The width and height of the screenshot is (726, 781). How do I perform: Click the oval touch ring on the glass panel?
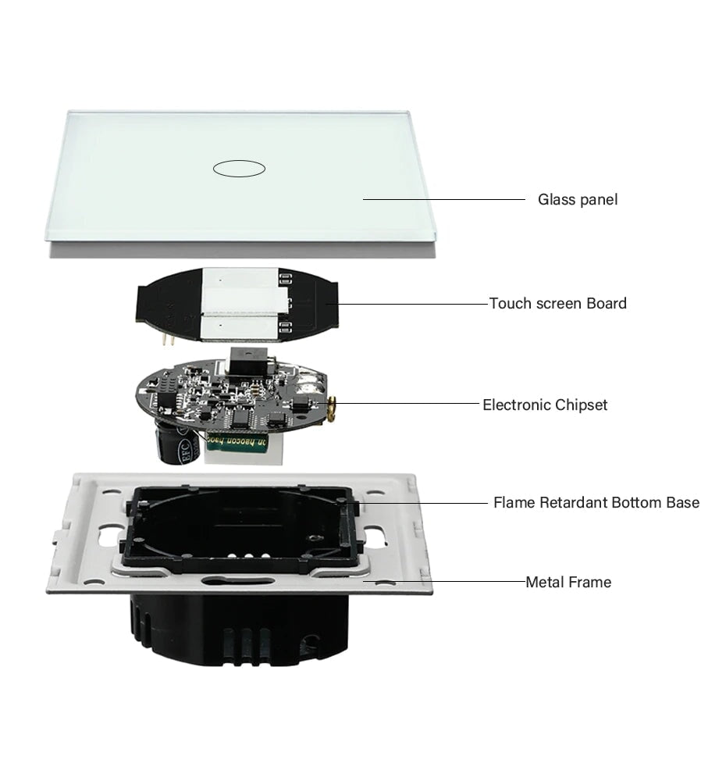coord(239,167)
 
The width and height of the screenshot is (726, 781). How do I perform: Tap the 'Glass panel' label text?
coord(577,200)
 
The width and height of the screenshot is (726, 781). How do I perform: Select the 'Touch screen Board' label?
coord(557,303)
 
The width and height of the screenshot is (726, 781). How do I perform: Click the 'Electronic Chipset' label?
coord(544,405)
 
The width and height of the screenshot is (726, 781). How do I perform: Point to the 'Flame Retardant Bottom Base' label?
coord(596,502)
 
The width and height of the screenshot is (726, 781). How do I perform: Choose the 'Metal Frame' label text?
coord(568,582)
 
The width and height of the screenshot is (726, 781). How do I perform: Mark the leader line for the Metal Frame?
coord(445,581)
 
